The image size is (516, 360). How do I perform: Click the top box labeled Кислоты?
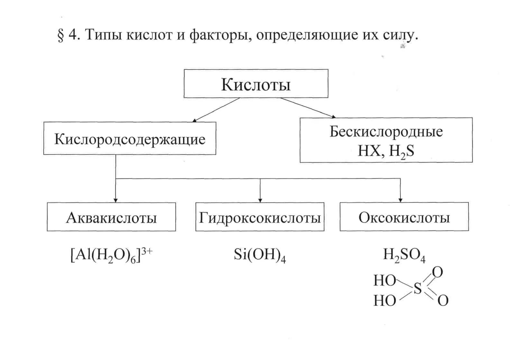point(256,84)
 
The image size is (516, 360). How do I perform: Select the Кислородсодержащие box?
point(130,139)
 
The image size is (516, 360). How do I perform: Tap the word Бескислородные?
point(386,132)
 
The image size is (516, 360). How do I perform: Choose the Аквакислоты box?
point(111,217)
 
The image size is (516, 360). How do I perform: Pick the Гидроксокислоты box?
point(260,217)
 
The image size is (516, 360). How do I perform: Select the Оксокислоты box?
point(404,217)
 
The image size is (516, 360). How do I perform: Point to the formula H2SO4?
point(404,256)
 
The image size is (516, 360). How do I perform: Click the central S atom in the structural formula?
point(418,289)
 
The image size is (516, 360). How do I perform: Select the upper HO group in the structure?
point(384,281)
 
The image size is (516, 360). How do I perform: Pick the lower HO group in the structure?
point(384,301)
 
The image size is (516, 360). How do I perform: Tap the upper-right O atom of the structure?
point(438,272)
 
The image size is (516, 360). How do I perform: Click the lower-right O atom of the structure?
point(443,300)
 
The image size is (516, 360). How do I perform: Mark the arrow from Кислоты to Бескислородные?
point(307,107)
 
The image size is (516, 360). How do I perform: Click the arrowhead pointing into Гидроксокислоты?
point(260,200)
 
